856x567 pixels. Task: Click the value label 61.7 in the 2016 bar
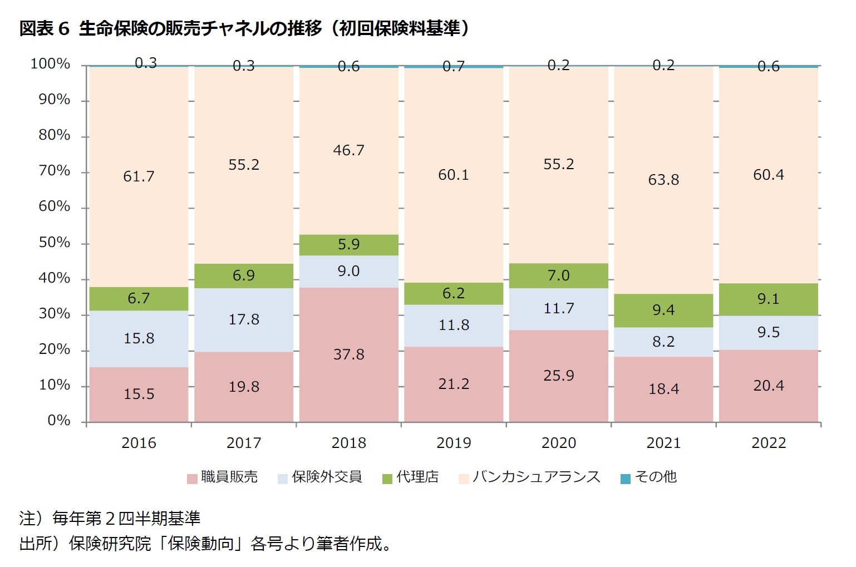(139, 176)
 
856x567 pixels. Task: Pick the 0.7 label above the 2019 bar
(453, 67)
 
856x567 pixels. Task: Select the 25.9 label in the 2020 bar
(558, 376)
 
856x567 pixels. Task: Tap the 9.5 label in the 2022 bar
(768, 332)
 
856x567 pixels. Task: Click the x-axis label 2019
(453, 443)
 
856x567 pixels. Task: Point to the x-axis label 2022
(768, 443)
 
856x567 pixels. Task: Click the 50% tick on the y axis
(54, 243)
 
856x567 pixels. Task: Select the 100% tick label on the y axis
(50, 64)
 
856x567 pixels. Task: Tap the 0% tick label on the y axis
(58, 421)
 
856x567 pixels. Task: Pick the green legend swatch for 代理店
(387, 479)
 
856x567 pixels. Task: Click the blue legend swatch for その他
(626, 479)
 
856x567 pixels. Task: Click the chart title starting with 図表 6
(245, 28)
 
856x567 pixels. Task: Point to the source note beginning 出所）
(206, 543)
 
